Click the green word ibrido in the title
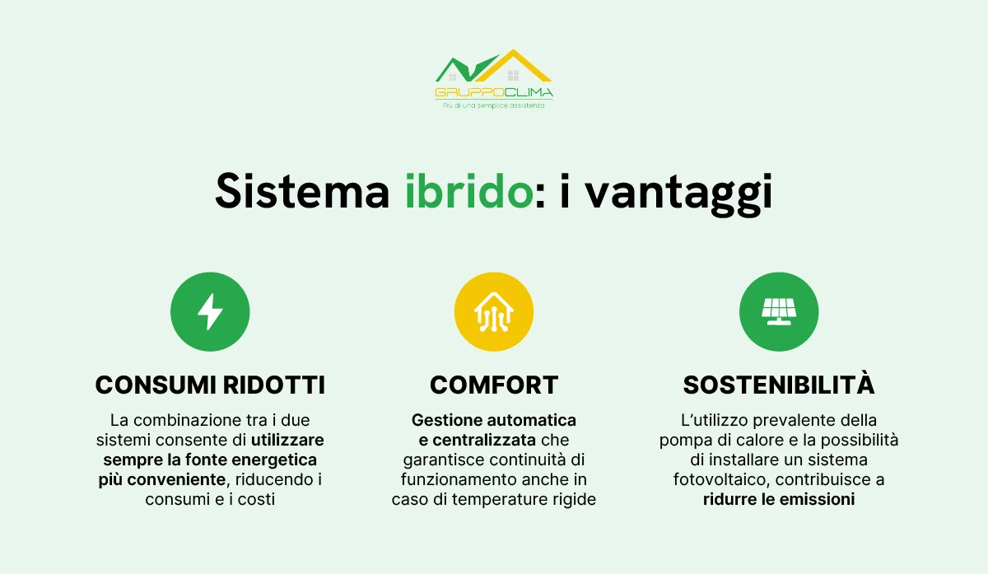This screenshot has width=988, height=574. [x=468, y=192]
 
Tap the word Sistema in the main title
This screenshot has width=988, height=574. [x=302, y=192]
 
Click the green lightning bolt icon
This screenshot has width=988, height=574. [x=210, y=312]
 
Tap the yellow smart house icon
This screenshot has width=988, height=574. [x=494, y=312]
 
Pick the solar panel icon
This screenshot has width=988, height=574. [x=778, y=312]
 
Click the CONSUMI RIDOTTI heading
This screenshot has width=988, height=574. [x=210, y=385]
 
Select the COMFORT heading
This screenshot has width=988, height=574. [x=494, y=385]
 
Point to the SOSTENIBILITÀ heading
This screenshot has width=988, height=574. [x=778, y=385]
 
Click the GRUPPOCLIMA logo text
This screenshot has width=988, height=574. [x=494, y=92]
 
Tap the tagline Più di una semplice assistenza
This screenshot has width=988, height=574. [x=494, y=105]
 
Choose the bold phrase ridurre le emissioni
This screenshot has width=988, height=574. [x=778, y=499]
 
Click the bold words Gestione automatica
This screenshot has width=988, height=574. [x=494, y=420]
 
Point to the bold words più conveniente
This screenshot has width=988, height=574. [x=160, y=479]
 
